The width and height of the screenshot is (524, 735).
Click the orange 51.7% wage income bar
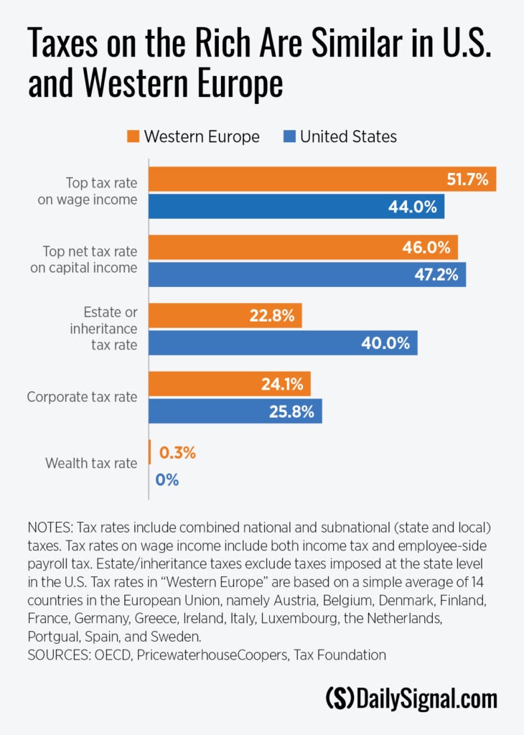322,179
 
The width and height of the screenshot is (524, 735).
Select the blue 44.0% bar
296,206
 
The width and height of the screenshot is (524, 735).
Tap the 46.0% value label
426,247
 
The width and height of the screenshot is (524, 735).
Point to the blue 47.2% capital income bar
307,274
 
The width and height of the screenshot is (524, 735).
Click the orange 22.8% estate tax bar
225,316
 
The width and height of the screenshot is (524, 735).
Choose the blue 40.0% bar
283,342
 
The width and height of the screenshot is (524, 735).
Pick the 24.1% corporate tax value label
282,384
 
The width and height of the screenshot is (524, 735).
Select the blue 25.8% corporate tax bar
235,411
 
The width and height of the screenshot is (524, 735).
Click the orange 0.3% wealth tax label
177,452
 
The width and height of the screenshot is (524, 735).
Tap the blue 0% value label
167,479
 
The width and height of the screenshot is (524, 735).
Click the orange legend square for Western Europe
133,136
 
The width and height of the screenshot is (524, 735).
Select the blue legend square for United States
290,136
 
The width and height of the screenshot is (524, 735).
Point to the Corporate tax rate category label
82,397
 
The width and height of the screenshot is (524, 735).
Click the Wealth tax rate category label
91,463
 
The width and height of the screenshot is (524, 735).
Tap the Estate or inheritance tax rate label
103,328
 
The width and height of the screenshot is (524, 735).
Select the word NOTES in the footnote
50,528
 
